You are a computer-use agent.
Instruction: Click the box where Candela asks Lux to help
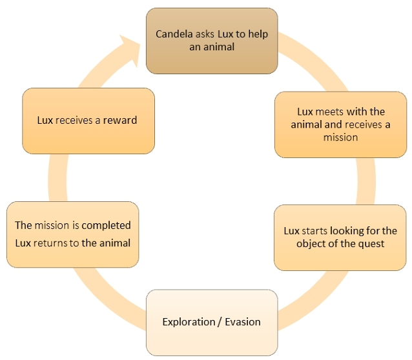[212, 40]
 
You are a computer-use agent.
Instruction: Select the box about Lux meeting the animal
[340, 124]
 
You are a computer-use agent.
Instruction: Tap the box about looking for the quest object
[340, 237]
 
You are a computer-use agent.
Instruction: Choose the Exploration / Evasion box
[212, 321]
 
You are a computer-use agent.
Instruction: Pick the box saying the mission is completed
[72, 234]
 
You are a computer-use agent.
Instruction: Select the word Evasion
[243, 321]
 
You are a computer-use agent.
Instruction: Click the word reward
[121, 120]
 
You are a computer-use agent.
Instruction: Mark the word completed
[107, 225]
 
